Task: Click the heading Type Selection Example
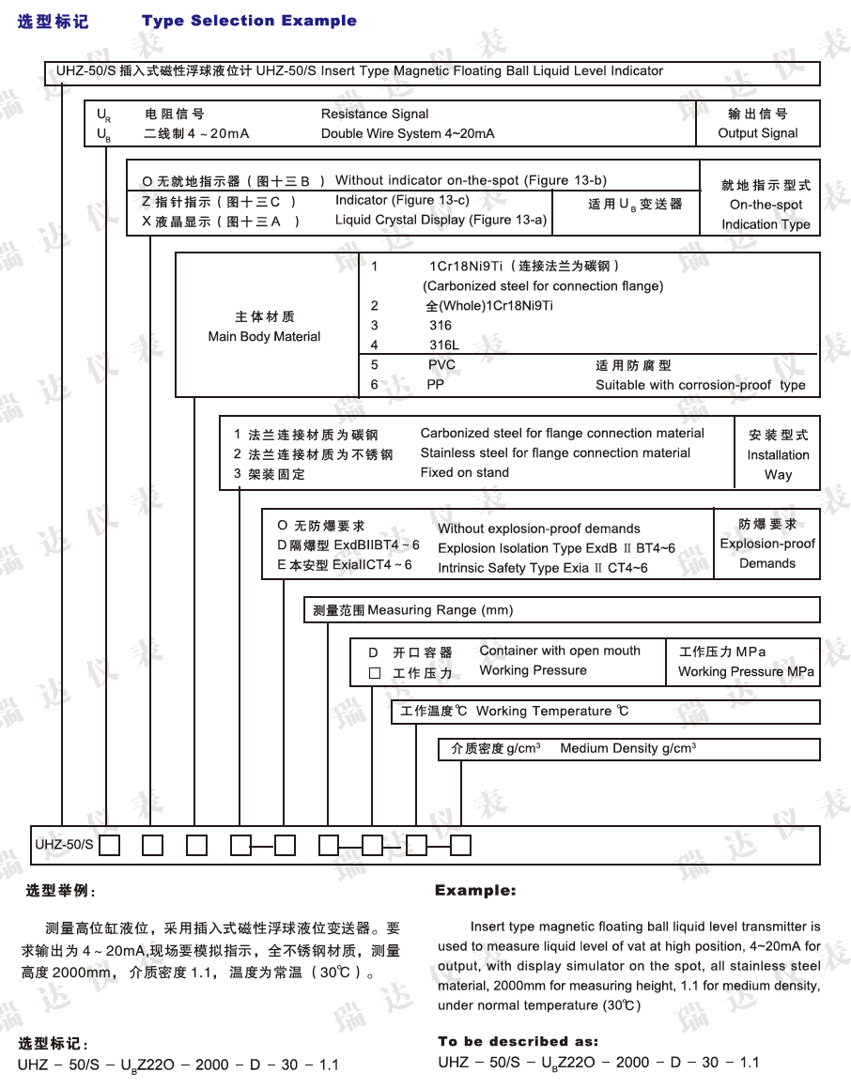249,21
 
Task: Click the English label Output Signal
758,133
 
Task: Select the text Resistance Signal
375,114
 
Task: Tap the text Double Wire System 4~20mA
408,133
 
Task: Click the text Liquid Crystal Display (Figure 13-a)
441,220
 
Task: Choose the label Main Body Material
264,336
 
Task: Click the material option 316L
444,345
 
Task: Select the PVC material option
441,365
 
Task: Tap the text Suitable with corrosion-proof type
700,385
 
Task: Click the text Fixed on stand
464,472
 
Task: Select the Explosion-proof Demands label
767,553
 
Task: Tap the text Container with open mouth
559,651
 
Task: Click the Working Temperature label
552,711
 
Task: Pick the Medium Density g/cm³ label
627,748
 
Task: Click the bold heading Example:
475,890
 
